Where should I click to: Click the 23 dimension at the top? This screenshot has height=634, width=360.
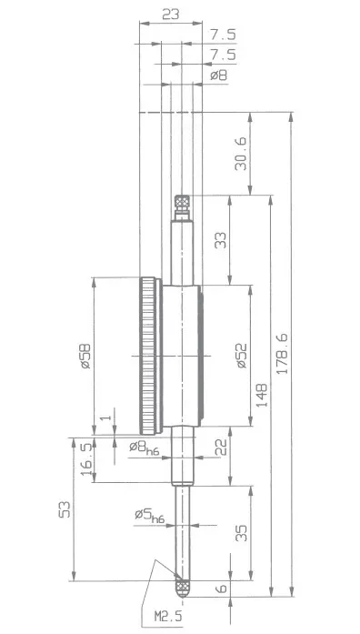coord(171,15)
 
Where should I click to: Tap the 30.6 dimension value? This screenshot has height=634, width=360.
coord(240,153)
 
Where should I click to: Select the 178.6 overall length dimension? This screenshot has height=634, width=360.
coord(282,354)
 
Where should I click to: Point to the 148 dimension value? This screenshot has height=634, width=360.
coord(262,395)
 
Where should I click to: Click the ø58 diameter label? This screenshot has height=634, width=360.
coord(85,356)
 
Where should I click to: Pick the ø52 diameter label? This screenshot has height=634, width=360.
coord(241,356)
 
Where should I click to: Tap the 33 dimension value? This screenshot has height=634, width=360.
coord(221,240)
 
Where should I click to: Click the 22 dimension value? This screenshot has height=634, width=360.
coord(221,448)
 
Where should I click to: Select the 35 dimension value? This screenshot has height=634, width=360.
coord(241,533)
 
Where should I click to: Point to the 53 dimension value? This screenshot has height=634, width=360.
coord(65,509)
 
